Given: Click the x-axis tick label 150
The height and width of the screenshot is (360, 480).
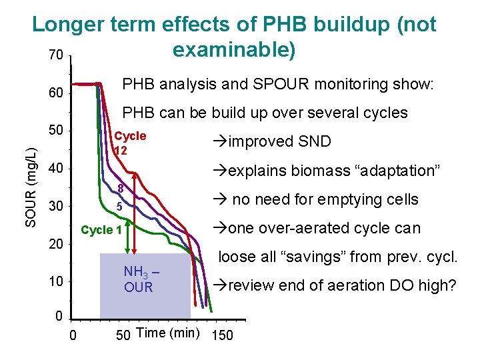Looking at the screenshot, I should click(222, 335).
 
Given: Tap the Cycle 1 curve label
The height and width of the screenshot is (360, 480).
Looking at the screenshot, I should click(101, 230).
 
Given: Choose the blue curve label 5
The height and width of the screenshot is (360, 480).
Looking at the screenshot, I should click(119, 207).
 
